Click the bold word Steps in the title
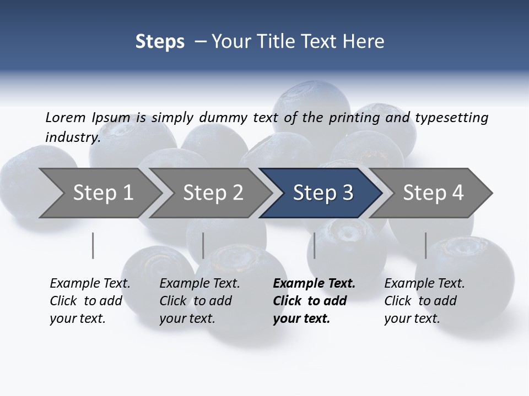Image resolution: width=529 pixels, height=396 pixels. coord(160,41)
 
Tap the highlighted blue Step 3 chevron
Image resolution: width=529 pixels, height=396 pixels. coord(323,193)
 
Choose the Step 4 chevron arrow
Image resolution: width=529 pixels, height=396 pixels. coord(433,193)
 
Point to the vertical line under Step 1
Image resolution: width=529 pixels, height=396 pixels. coord(93,245)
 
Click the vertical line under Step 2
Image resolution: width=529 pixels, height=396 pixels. coord(203,245)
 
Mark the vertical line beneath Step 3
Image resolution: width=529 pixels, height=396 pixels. coord(315,245)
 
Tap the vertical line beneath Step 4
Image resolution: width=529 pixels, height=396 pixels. coord(425,245)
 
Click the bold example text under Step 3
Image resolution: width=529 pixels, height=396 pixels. coord(314,301)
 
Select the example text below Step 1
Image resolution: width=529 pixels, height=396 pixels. coord(90,301)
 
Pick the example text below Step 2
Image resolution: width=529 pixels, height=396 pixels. coord(199,301)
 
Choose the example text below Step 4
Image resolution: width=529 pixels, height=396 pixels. coord(424,301)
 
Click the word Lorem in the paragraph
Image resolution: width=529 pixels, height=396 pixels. coord(66,117)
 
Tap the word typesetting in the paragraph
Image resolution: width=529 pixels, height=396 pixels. coord(451,118)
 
